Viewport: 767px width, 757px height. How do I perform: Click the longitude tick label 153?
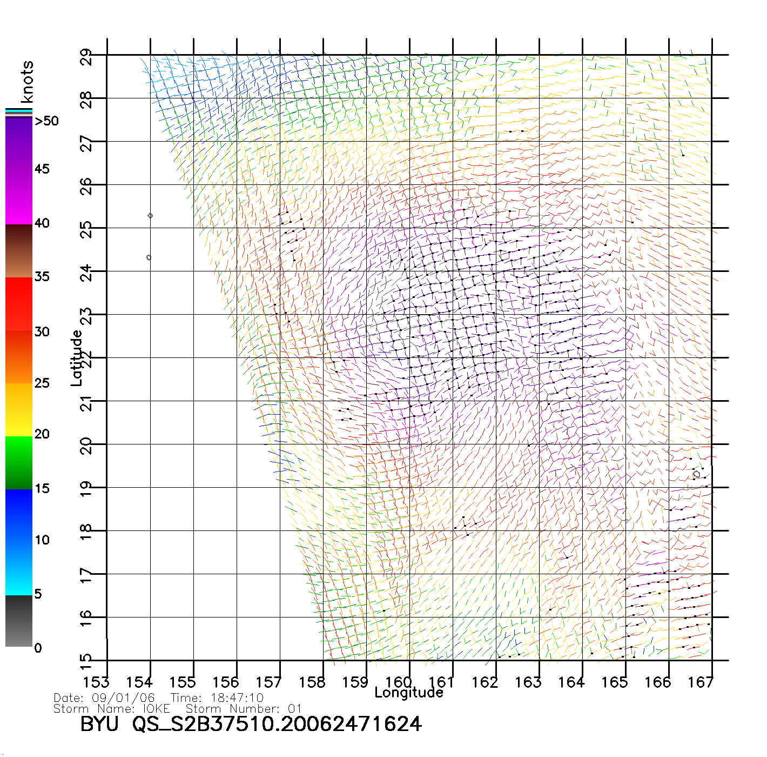pyautogui.click(x=96, y=682)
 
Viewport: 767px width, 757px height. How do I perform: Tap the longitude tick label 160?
pyautogui.click(x=399, y=682)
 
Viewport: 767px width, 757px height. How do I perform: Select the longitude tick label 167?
pyautogui.click(x=701, y=682)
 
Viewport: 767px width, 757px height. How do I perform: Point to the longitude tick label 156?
pyautogui.click(x=226, y=682)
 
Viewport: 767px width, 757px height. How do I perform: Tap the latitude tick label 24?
pyautogui.click(x=86, y=273)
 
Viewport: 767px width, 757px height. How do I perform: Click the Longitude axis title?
pyautogui.click(x=409, y=693)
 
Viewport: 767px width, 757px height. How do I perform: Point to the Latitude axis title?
pyautogui.click(x=77, y=358)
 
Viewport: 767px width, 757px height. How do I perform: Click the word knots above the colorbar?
pyautogui.click(x=27, y=82)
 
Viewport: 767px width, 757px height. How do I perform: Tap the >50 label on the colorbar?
pyautogui.click(x=46, y=121)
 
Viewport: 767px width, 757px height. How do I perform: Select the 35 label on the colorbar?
pyautogui.click(x=42, y=277)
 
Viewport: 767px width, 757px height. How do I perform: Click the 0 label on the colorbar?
pyautogui.click(x=38, y=648)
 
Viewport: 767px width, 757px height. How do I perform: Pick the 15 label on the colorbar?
pyautogui.click(x=42, y=488)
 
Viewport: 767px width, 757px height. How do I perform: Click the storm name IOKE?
pyautogui.click(x=156, y=708)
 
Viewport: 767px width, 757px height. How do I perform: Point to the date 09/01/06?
pyautogui.click(x=124, y=698)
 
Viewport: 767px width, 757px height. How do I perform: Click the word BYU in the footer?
pyautogui.click(x=99, y=724)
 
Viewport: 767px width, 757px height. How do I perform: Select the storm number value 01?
pyautogui.click(x=295, y=708)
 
